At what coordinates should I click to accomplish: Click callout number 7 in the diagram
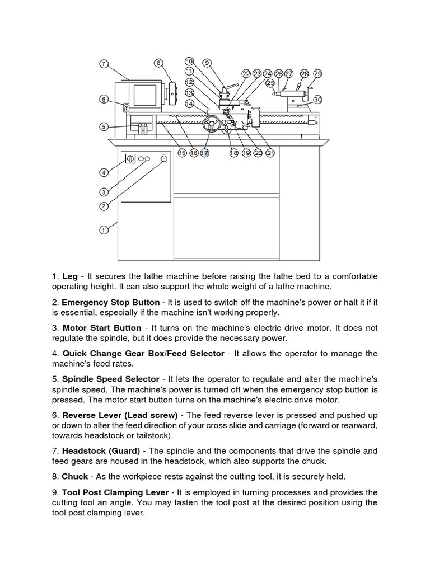(x=104, y=64)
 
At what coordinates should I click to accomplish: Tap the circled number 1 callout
(x=104, y=229)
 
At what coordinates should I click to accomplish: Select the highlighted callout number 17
(x=205, y=153)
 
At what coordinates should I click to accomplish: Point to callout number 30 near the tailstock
(x=317, y=100)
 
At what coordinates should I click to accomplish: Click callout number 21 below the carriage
(x=270, y=153)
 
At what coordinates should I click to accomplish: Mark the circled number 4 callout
(x=104, y=172)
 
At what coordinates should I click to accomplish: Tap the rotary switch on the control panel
(x=129, y=159)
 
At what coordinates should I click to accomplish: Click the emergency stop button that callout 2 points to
(x=164, y=159)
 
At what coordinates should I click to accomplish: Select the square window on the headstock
(x=144, y=96)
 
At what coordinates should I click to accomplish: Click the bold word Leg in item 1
(x=70, y=276)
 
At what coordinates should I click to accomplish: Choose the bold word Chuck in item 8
(x=75, y=476)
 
